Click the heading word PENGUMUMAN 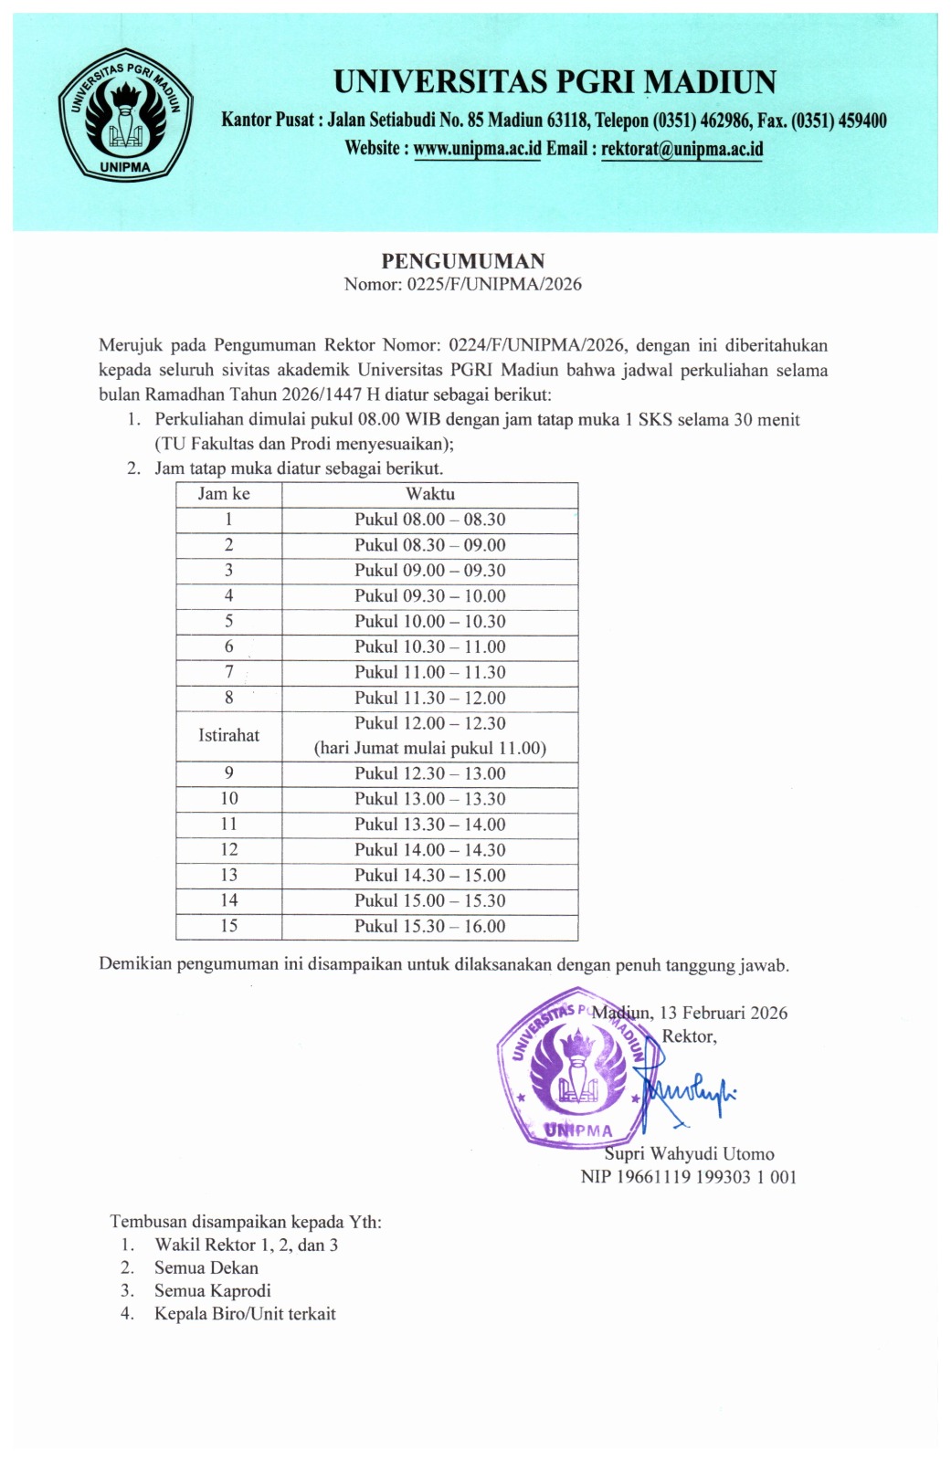[x=463, y=261]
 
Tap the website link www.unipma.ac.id [x=477, y=149]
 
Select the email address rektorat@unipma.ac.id [x=682, y=149]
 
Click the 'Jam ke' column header [x=225, y=494]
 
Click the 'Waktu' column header [x=430, y=494]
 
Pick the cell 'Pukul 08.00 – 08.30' [x=430, y=520]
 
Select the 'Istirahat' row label [x=228, y=735]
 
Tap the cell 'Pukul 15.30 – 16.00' [x=430, y=926]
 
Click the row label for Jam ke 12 [x=228, y=849]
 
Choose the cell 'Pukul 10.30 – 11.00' [x=430, y=646]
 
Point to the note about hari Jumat [x=430, y=749]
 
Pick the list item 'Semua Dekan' [x=206, y=1267]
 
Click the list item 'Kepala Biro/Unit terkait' [x=245, y=1314]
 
